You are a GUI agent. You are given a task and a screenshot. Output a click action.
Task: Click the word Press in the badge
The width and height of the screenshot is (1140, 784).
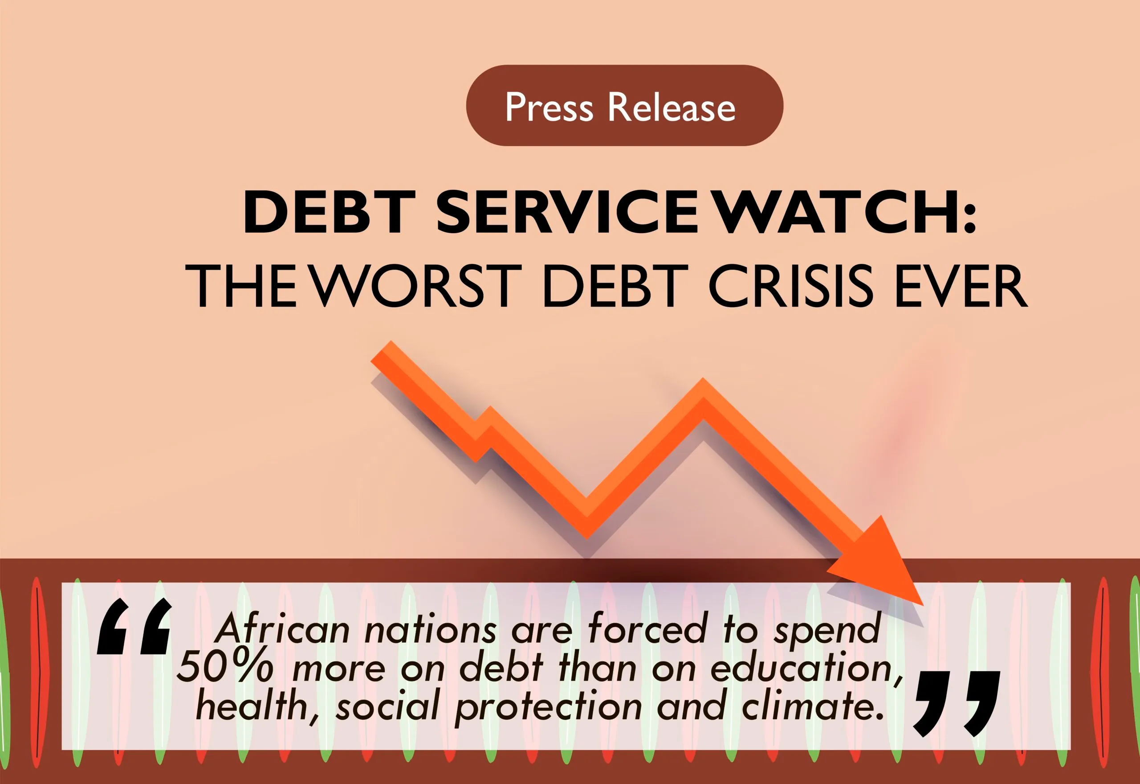tap(549, 107)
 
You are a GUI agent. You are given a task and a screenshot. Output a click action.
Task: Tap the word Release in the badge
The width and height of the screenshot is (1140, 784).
tap(672, 107)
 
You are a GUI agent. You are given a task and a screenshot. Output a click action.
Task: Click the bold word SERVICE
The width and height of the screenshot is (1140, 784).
tap(567, 212)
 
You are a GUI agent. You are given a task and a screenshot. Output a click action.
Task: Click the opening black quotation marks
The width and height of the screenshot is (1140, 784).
tap(134, 626)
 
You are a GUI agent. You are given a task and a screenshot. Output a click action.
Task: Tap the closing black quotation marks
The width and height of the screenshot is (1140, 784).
tap(957, 704)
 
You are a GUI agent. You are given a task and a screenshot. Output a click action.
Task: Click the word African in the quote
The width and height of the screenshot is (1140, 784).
tap(283, 628)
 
